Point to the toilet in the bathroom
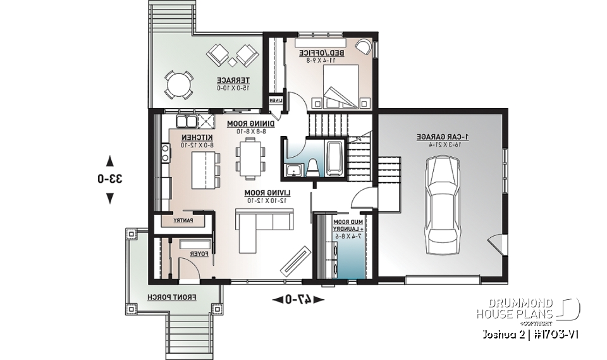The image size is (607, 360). pyautogui.click(x=312, y=168)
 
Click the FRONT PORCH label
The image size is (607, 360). pyautogui.click(x=172, y=296)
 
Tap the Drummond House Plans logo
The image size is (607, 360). pyautogui.click(x=530, y=307)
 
